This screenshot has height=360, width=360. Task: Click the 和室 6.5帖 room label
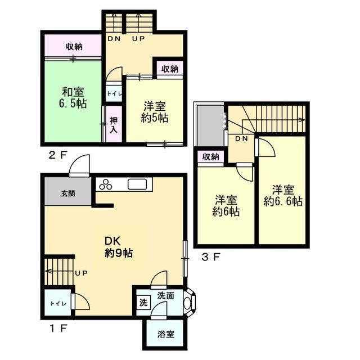[73, 98]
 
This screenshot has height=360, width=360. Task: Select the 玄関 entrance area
[68, 191]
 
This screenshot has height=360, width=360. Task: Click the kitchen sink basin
[137, 184]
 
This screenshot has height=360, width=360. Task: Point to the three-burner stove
[106, 184]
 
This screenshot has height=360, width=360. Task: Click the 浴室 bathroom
[165, 334]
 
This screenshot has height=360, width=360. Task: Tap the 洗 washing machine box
[143, 303]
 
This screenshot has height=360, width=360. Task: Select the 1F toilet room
[58, 303]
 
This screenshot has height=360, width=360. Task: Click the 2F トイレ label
[114, 94]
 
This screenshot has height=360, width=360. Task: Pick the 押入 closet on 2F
[114, 124]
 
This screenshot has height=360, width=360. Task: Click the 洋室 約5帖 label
[155, 112]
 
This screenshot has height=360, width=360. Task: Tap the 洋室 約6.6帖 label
[283, 196]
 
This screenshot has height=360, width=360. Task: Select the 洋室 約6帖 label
[226, 206]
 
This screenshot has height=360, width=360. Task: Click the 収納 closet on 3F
[211, 157]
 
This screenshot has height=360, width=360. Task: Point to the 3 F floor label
[211, 257]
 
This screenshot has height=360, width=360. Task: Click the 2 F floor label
[58, 156]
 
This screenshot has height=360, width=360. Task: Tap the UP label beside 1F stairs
[82, 273]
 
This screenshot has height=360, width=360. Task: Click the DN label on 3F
[241, 138]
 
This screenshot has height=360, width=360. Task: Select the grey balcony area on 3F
[211, 125]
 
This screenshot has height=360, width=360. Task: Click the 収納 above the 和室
[74, 47]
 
